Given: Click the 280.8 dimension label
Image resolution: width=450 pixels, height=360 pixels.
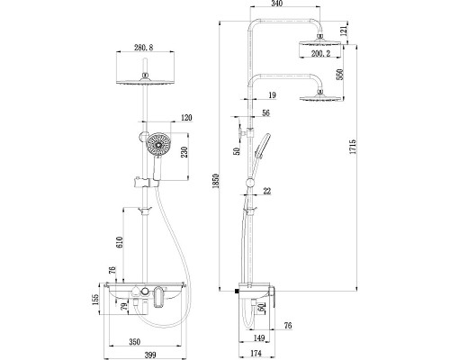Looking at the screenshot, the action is click(x=144, y=48).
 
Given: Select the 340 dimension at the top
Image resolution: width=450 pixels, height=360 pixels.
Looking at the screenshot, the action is click(x=276, y=4).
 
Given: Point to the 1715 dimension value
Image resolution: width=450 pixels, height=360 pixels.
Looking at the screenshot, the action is click(x=353, y=147).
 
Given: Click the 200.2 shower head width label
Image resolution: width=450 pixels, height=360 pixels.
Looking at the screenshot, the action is click(x=320, y=54).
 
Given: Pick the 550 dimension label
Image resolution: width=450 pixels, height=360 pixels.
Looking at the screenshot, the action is click(x=339, y=75).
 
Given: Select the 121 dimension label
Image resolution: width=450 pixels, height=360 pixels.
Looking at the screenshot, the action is click(x=344, y=31).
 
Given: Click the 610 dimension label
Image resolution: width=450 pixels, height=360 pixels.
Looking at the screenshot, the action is click(x=120, y=242).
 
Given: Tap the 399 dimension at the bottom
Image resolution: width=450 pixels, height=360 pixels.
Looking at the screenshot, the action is click(x=150, y=355).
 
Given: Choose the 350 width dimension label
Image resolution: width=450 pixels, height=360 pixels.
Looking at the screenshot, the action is click(x=135, y=342).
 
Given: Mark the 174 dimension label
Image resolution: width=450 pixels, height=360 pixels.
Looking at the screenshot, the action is click(x=256, y=353).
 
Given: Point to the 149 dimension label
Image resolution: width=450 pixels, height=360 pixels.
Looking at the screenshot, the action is click(x=259, y=338).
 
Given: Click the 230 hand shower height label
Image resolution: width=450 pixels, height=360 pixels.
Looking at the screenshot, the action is click(x=184, y=152).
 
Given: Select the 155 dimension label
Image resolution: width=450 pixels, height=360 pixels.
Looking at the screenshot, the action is click(x=94, y=300).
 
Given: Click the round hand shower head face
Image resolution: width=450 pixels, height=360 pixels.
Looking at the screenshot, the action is click(x=158, y=145).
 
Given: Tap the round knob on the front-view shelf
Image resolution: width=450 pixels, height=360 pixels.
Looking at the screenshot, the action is click(x=145, y=291).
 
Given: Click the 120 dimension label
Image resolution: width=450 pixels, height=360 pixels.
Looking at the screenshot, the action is click(x=186, y=118).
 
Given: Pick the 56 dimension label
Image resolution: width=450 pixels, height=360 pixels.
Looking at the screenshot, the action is click(x=265, y=112).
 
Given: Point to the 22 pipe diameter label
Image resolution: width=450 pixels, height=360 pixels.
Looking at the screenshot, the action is click(x=266, y=191).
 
